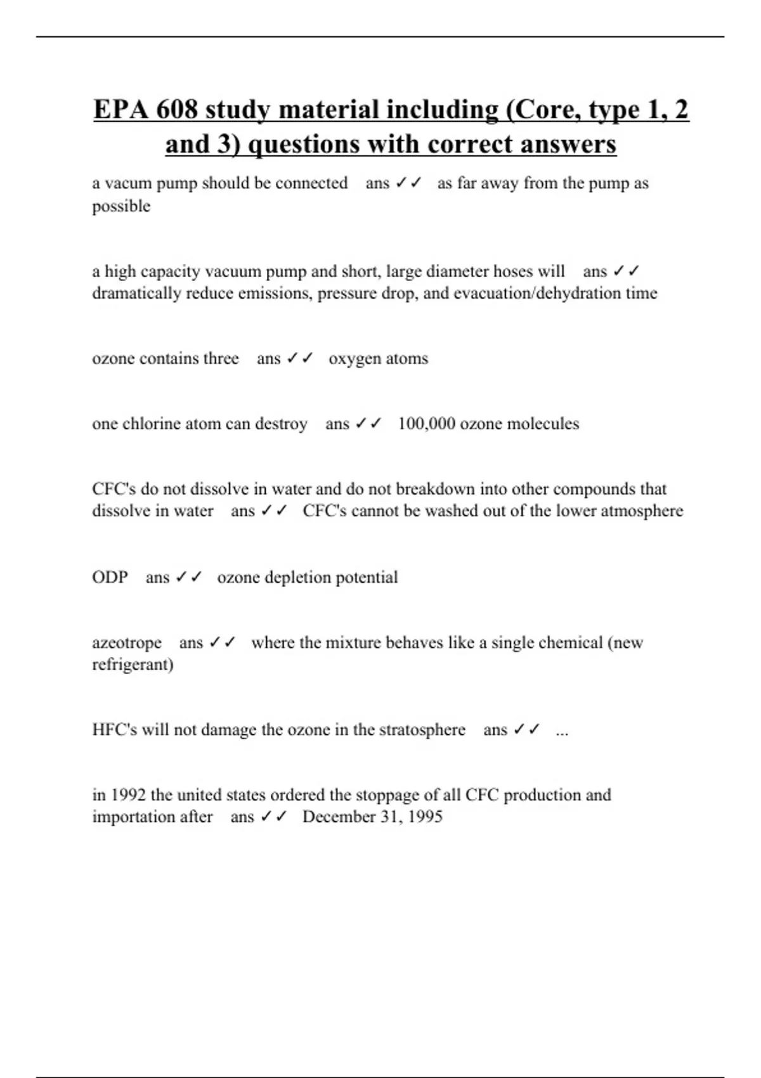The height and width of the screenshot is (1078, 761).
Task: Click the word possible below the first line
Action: (121, 206)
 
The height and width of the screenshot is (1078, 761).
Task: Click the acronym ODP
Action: (110, 577)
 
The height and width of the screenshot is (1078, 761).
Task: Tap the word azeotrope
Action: (127, 642)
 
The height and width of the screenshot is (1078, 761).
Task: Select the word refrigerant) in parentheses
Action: (133, 665)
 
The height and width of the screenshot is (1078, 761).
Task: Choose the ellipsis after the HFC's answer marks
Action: (562, 731)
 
